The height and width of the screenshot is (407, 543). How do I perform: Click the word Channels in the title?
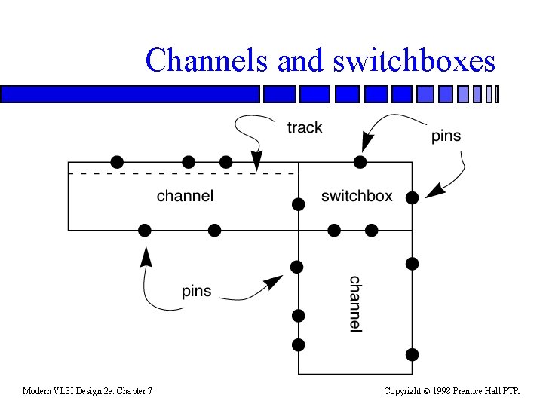207,60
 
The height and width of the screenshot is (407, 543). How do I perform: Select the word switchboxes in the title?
414,60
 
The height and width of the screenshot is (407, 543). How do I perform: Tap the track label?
305,127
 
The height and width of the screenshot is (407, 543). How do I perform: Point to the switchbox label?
357,196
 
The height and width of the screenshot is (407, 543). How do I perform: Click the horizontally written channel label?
185,196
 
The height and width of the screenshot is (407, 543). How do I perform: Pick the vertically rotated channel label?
356,304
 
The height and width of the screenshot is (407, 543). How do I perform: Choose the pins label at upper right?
446,136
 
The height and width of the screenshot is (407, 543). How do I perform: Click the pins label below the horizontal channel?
196,291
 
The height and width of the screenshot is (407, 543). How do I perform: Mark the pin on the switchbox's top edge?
360,162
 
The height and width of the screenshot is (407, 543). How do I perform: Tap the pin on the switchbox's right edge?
412,198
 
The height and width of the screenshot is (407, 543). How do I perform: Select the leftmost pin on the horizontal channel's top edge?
117,162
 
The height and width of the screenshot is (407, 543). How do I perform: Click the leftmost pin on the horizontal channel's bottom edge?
145,230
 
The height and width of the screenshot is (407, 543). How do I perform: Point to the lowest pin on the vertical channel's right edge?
412,355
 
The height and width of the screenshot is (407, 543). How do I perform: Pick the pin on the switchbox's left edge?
299,204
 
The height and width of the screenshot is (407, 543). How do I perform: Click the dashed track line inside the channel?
183,173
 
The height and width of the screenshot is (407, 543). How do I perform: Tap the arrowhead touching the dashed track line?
256,161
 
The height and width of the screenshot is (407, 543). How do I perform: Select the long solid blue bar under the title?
130,94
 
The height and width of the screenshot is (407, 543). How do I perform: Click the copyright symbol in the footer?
427,391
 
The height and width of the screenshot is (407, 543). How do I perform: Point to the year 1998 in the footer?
441,391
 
